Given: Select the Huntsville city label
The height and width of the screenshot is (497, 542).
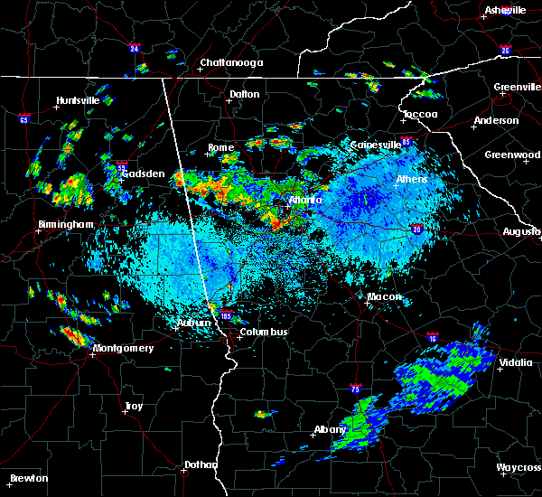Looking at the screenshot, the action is pyautogui.click(x=78, y=100).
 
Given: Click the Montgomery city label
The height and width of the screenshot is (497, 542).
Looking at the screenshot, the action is pyautogui.click(x=123, y=349).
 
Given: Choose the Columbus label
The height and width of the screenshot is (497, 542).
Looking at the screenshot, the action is pyautogui.click(x=264, y=332).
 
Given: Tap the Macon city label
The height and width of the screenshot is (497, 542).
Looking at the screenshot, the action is pyautogui.click(x=385, y=296).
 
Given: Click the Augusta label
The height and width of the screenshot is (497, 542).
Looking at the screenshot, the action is pyautogui.click(x=521, y=232).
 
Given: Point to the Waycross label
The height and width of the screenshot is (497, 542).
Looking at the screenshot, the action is pyautogui.click(x=519, y=467).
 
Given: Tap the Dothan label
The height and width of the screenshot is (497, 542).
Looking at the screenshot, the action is pyautogui.click(x=201, y=464).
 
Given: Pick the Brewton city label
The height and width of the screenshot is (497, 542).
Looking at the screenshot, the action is pyautogui.click(x=29, y=478).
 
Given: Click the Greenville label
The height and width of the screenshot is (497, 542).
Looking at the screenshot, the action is pyautogui.click(x=517, y=88).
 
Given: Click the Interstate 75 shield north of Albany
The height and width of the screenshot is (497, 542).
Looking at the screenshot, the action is pyautogui.click(x=355, y=389).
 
